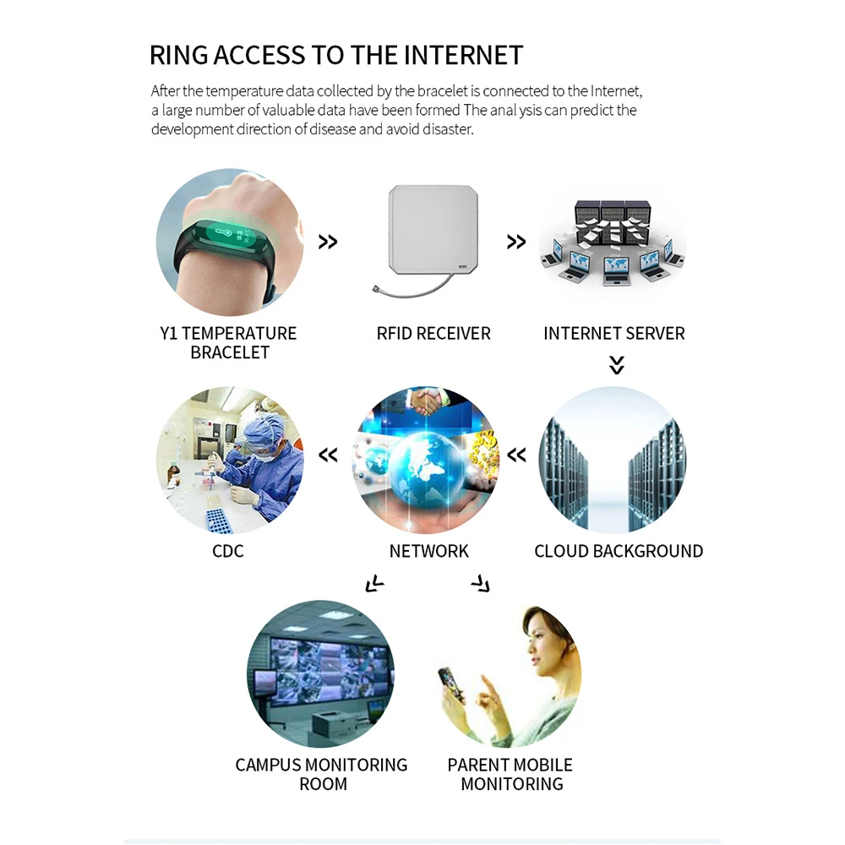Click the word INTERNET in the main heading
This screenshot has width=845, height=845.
(x=463, y=56)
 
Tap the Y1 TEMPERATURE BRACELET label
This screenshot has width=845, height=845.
(x=229, y=342)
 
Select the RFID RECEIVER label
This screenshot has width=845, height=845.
(x=433, y=333)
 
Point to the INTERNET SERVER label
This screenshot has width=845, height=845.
(x=614, y=333)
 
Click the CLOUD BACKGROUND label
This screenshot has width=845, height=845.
(x=619, y=551)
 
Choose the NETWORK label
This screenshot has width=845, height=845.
(x=429, y=551)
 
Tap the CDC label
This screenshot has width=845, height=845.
(x=228, y=551)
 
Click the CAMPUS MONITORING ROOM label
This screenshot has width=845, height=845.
(x=322, y=774)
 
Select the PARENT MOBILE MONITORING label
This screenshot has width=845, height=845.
(x=510, y=774)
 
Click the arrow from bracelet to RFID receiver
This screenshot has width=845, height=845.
(x=328, y=243)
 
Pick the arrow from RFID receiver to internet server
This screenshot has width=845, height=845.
(x=516, y=243)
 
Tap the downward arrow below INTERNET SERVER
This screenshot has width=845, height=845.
(x=617, y=365)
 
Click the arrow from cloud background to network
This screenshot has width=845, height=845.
(x=516, y=456)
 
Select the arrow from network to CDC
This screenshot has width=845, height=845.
(x=328, y=456)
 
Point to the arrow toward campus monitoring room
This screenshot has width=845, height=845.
(x=373, y=583)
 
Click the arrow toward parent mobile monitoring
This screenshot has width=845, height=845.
(x=481, y=583)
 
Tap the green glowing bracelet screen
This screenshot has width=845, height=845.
(x=228, y=236)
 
